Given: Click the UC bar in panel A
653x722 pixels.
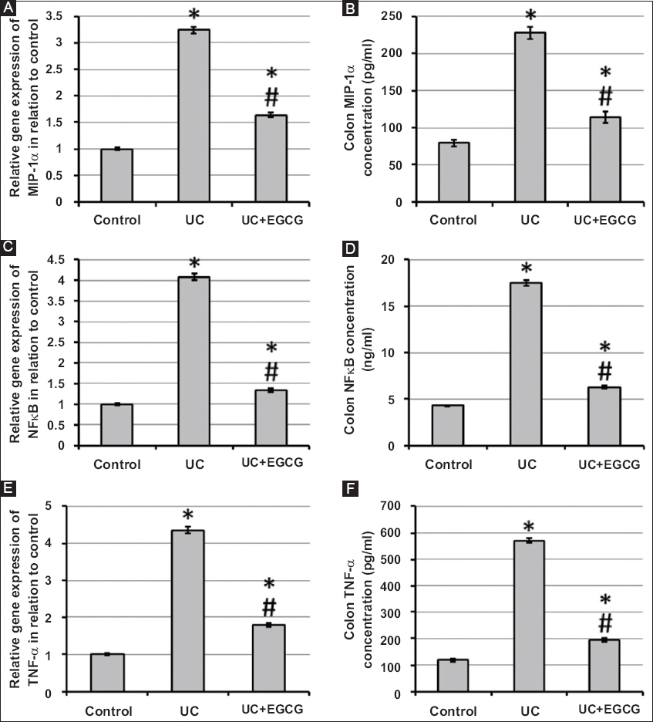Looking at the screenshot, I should pos(194,116).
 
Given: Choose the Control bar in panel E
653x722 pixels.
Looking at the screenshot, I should pos(106,673).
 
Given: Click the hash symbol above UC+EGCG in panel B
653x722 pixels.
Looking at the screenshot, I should pos(605,96).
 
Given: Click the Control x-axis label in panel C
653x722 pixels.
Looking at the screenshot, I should pos(117,464).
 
